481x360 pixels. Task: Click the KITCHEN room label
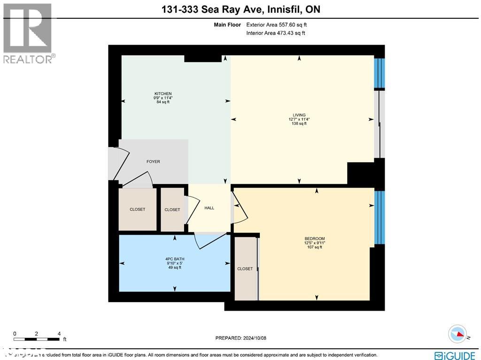(x=163, y=94)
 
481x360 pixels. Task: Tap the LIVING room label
(x=299, y=115)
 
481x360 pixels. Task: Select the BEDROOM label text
(x=314, y=239)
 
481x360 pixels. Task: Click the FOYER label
(x=153, y=162)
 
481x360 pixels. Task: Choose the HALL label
(x=209, y=208)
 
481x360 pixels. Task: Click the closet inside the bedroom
(x=245, y=269)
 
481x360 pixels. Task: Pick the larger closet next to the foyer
(x=137, y=209)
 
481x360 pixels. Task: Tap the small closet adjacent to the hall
(x=172, y=210)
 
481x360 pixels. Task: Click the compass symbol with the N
(x=457, y=334)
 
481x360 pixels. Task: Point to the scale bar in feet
(x=37, y=338)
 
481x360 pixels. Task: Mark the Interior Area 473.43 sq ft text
(x=276, y=33)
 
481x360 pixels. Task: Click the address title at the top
(x=240, y=9)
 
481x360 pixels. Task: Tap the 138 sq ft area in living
(x=299, y=124)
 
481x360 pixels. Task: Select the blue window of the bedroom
(x=380, y=217)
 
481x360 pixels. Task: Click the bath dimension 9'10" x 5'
(x=175, y=263)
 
